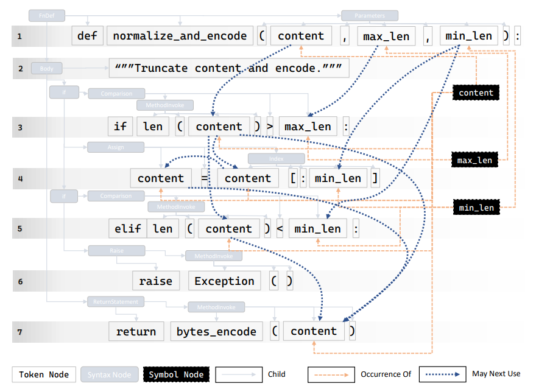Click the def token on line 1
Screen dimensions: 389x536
coord(87,36)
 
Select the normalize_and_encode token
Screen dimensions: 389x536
coord(180,36)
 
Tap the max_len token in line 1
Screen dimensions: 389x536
coord(386,36)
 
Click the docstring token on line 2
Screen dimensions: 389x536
coord(229,68)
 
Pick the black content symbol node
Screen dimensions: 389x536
coord(476,93)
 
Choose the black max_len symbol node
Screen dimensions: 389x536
coord(474,160)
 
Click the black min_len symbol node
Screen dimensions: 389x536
coord(476,208)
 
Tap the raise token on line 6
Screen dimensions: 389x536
coord(155,281)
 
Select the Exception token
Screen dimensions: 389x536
coord(224,281)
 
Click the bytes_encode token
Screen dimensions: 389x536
coord(216,331)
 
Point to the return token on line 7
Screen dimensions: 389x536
coord(136,331)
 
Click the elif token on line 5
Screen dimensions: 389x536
coord(128,229)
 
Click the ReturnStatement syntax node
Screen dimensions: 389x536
coord(116,301)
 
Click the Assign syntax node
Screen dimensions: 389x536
coord(116,147)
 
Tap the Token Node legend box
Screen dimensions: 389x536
coord(43,374)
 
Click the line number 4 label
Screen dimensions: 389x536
coord(20,178)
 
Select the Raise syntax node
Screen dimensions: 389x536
coord(116,250)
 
